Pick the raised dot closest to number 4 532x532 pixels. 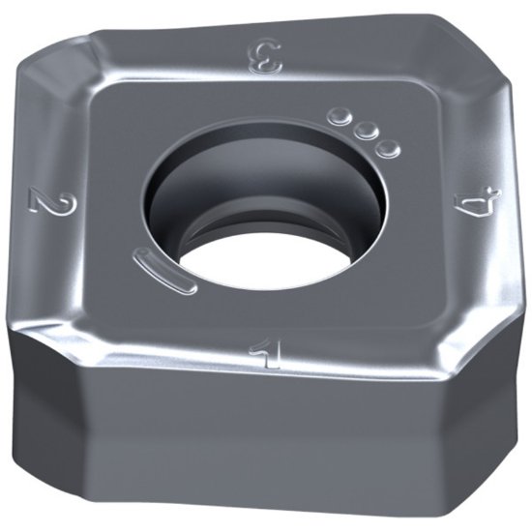[386, 147]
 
